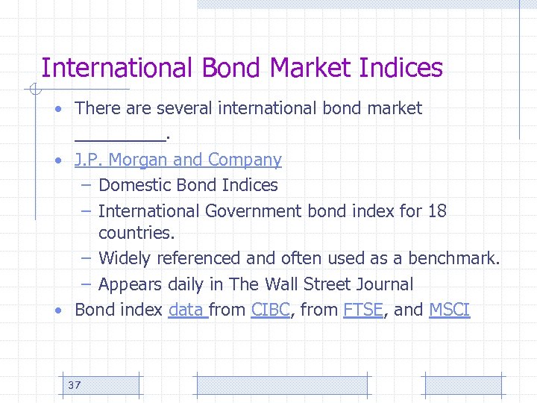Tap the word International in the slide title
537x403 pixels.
point(116,68)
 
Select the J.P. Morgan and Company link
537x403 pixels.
point(178,160)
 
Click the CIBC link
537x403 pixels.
point(271,310)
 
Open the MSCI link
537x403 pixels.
point(450,310)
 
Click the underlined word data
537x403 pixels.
point(186,310)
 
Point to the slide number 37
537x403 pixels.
point(74,385)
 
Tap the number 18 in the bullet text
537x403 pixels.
point(437,211)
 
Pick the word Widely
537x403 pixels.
point(124,259)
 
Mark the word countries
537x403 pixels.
point(135,233)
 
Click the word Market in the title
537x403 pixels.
point(313,68)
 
